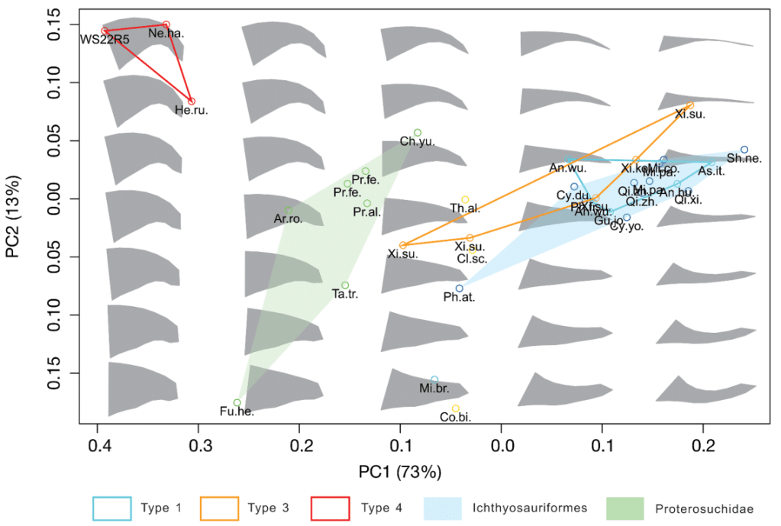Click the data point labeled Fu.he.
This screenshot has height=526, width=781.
[237, 402]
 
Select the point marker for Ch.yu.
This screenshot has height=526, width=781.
[418, 133]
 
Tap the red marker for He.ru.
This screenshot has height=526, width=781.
[192, 102]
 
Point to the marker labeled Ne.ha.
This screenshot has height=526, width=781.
[166, 24]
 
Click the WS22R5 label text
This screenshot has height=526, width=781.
[105, 40]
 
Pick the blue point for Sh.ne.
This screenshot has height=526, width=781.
[744, 150]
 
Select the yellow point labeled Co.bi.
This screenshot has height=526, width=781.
[456, 408]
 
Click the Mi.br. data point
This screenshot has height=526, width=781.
[434, 379]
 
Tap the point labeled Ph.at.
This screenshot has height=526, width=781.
[460, 289]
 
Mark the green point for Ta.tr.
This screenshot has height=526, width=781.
[345, 286]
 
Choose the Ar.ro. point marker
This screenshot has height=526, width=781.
[288, 209]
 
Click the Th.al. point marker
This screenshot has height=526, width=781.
[466, 199]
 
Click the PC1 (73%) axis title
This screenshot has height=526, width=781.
[400, 471]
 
